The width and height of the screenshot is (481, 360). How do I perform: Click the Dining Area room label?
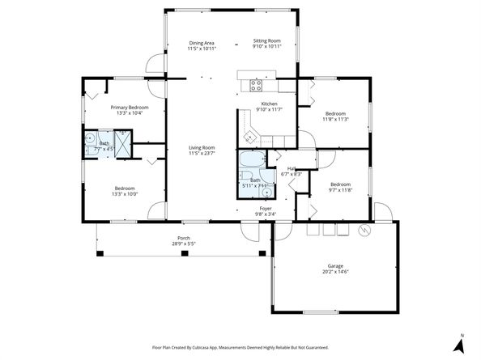[202, 42]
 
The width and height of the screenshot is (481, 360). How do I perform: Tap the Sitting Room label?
[267, 40]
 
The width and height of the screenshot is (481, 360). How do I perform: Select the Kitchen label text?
[269, 104]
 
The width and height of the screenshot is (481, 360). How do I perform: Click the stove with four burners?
[256, 83]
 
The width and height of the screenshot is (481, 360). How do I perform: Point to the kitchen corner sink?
[252, 134]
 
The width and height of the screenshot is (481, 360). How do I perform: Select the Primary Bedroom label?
[129, 108]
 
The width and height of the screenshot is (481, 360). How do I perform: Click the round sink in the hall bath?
[266, 192]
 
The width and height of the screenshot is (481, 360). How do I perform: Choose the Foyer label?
[265, 209]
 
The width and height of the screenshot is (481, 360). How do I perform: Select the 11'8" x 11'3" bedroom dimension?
[335, 119]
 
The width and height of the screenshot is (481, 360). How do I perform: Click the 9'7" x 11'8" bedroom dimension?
[339, 189]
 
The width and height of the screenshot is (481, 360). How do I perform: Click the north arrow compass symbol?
[458, 343]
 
